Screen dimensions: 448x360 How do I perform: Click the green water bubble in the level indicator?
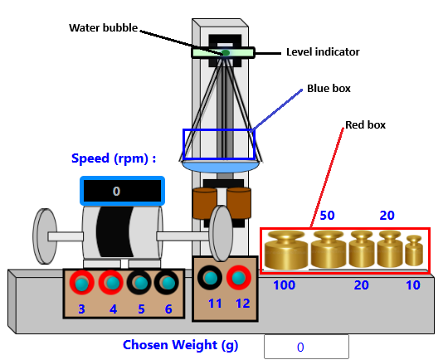[x=226, y=53]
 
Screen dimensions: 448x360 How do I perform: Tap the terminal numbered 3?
[x=82, y=283]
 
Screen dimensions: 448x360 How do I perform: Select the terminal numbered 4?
[x=111, y=283]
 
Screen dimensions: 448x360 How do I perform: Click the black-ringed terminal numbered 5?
[x=139, y=283]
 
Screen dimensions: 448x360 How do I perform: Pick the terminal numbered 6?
[x=167, y=283]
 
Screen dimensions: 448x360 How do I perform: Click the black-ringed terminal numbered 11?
[x=210, y=278]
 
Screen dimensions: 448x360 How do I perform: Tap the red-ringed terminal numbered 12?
[x=239, y=278]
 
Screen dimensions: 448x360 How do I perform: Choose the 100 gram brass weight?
[x=286, y=251]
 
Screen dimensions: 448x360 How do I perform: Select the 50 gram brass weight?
[x=329, y=250]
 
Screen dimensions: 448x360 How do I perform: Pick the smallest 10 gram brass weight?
[x=414, y=251]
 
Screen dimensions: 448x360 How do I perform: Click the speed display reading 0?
[x=122, y=191]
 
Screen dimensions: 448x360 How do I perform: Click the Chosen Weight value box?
[x=306, y=347]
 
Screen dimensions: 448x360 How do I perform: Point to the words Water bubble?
[x=104, y=27]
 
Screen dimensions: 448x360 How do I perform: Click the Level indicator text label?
[x=323, y=52]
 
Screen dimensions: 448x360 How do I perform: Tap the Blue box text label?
[x=329, y=89]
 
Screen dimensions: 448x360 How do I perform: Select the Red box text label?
[x=365, y=125]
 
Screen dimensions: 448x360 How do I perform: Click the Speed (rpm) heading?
[x=114, y=158]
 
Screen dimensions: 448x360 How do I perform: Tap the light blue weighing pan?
[x=221, y=166]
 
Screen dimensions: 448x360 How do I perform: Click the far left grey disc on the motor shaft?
[x=45, y=236]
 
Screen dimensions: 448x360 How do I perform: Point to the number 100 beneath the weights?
[x=285, y=285]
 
